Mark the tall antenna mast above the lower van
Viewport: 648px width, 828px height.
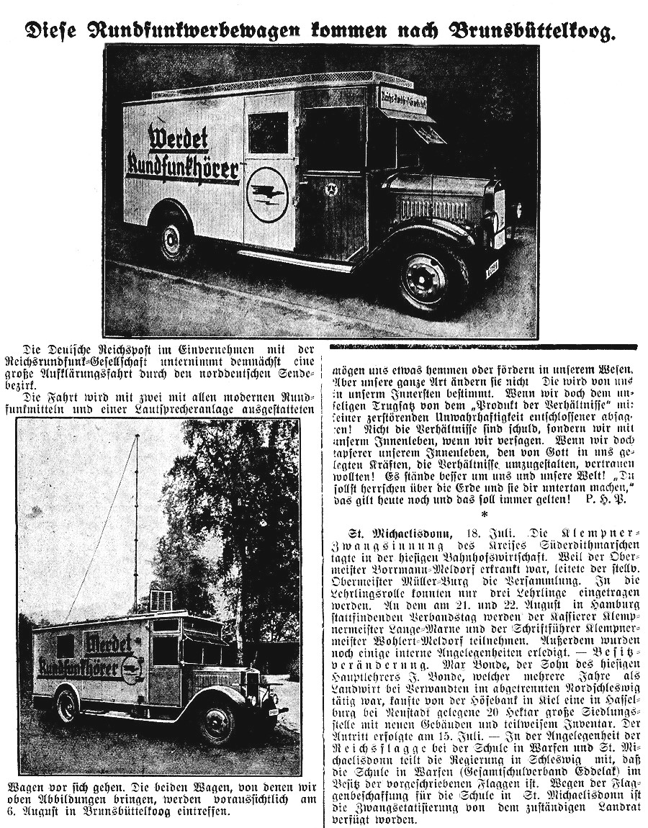pos(135,518)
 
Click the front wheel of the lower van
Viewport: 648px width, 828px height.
pos(217,724)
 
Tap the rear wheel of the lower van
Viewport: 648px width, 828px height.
pos(67,704)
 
